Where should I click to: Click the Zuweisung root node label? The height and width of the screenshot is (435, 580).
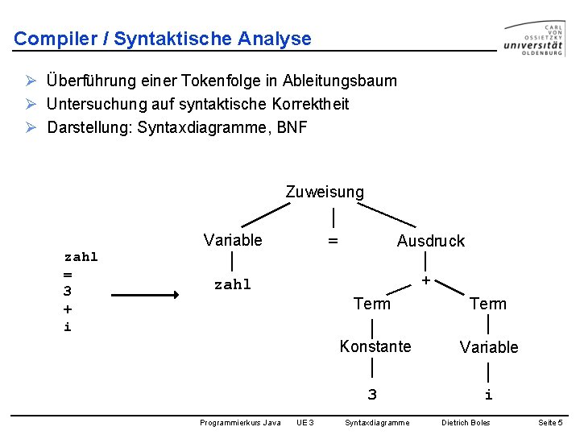(x=325, y=192)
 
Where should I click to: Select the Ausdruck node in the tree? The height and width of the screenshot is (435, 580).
(x=430, y=241)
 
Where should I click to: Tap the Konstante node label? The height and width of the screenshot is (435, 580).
(x=375, y=346)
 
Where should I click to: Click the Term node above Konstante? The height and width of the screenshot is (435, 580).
(x=371, y=304)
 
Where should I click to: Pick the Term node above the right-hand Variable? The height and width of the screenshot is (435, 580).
(x=488, y=304)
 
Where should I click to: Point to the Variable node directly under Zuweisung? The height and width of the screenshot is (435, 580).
(x=233, y=240)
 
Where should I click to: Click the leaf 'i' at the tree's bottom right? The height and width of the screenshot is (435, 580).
(x=488, y=395)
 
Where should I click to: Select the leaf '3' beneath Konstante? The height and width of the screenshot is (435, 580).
(x=372, y=395)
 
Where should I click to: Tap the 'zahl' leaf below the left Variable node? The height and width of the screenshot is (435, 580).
(x=232, y=284)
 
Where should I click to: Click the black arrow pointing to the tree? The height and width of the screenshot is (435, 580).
(x=145, y=296)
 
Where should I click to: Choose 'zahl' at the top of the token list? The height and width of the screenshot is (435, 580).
(x=81, y=257)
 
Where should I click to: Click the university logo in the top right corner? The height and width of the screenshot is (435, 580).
(x=533, y=38)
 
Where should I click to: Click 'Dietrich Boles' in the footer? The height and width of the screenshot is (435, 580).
(x=466, y=423)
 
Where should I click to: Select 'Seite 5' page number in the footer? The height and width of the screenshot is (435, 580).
(x=550, y=423)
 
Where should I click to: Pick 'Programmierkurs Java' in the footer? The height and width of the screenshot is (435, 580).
(x=240, y=423)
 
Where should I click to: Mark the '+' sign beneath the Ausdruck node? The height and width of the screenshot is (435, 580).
(x=425, y=281)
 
